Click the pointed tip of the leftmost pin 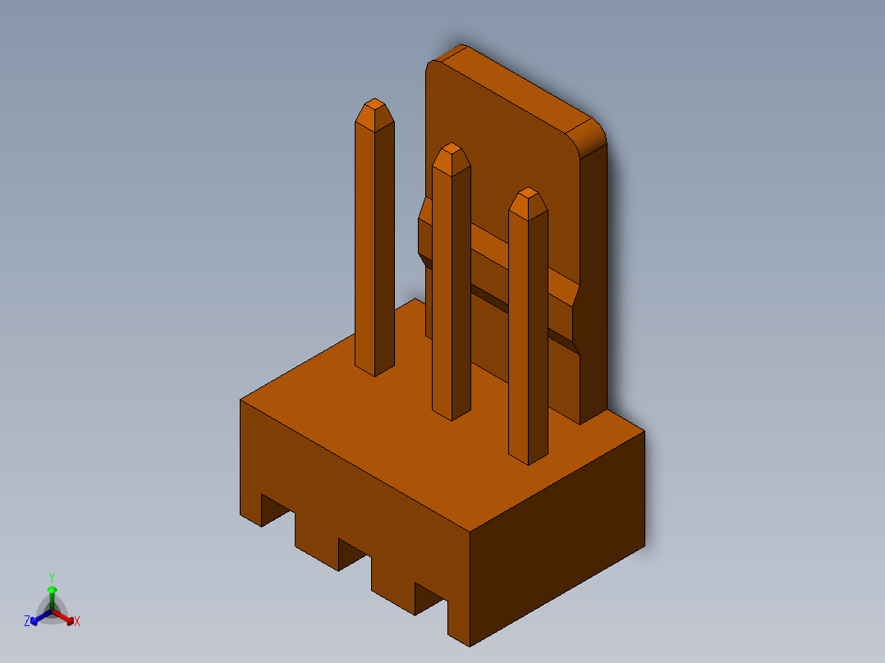coord(374,104)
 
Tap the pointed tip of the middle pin coord(451,149)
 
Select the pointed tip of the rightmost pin coord(527,194)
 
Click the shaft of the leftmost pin coord(374,246)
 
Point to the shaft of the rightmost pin coord(527,336)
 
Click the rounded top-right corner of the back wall coord(593,131)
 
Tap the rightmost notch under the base coord(430,597)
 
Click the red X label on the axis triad coord(77,622)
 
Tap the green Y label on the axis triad coord(52,577)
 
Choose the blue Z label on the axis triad coord(27,622)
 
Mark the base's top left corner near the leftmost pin coord(244,400)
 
